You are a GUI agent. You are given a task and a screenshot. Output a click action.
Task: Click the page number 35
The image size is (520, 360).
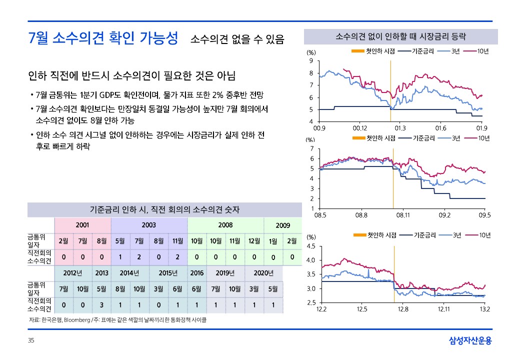tap(30, 341)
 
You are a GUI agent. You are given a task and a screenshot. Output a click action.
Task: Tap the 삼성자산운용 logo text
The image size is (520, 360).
tap(470, 341)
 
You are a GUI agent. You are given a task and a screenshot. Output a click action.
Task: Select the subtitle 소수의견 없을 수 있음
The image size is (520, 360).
tap(237, 39)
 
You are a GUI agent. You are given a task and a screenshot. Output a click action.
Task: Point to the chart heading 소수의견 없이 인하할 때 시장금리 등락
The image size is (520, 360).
tap(400, 36)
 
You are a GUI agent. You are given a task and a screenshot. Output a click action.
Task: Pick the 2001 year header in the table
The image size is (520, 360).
tap(82, 225)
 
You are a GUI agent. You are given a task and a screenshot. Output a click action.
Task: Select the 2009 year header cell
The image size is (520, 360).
tap(282, 225)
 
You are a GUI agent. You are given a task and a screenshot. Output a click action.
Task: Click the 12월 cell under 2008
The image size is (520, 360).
tap(254, 241)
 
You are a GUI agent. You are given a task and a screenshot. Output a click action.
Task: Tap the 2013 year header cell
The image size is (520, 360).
tap(101, 272)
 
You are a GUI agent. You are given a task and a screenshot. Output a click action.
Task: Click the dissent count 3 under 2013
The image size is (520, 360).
tap(101, 304)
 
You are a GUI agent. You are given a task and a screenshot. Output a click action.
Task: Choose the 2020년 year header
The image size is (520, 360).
tap(263, 272)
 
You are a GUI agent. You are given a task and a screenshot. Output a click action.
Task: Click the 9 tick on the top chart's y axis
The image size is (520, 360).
tap(311, 61)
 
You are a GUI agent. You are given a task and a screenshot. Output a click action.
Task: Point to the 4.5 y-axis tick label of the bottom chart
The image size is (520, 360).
tap(310, 246)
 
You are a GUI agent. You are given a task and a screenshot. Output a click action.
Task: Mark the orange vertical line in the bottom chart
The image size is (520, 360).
tap(394, 275)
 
